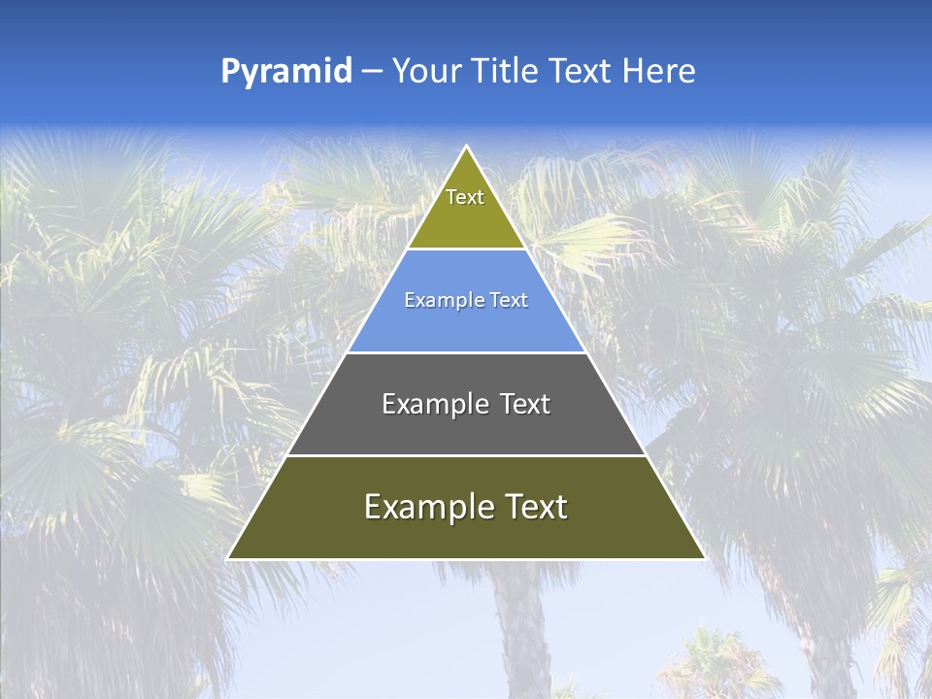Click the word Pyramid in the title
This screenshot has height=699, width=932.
(286, 72)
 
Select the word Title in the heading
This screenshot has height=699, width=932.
(503, 72)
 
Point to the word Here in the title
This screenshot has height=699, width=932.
(659, 72)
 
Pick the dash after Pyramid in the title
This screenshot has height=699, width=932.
(372, 72)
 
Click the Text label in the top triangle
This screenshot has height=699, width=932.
(465, 197)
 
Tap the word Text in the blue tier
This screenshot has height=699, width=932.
(510, 301)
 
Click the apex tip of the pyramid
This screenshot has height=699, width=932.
(467, 148)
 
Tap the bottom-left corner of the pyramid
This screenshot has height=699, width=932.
(229, 558)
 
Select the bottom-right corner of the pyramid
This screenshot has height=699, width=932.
(704, 558)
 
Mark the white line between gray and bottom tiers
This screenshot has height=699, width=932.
(466, 455)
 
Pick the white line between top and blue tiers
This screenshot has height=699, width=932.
(466, 250)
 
